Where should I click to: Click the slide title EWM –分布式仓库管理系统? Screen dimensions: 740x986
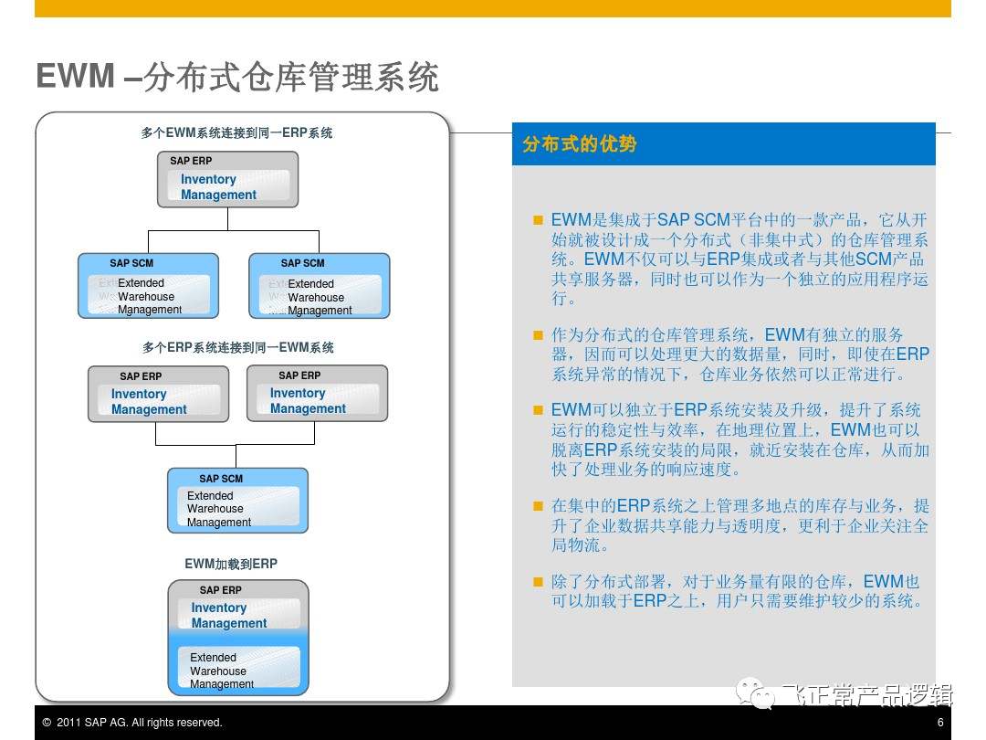[x=237, y=77]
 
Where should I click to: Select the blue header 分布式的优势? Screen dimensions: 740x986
[x=580, y=144]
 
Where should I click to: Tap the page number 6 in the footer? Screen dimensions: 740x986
[x=939, y=723]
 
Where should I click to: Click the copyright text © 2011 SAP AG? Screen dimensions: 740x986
[x=132, y=723]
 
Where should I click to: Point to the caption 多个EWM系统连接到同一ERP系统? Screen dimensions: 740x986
[x=236, y=132]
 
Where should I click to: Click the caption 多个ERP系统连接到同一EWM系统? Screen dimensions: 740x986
[x=237, y=347]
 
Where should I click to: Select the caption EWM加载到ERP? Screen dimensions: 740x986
[x=231, y=564]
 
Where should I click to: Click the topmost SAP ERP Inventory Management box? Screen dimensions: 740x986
[x=227, y=179]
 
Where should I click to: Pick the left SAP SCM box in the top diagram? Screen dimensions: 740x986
[x=148, y=286]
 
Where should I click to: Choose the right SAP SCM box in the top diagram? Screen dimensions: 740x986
[x=319, y=286]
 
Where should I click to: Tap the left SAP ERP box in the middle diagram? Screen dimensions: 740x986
[x=158, y=394]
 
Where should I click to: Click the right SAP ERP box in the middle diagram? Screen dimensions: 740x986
[x=317, y=393]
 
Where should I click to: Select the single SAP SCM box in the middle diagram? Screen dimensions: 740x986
[x=237, y=501]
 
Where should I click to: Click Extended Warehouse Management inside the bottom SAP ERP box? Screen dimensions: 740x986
[x=234, y=671]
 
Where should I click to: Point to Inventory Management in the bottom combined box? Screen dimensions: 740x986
[x=234, y=615]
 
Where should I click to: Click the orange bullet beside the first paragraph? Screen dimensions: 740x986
[x=538, y=220]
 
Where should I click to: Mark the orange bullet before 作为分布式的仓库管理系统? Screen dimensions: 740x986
[x=538, y=335]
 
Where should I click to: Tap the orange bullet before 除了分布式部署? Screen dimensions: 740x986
[x=538, y=582]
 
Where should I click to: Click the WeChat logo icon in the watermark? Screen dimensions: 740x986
[x=756, y=693]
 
